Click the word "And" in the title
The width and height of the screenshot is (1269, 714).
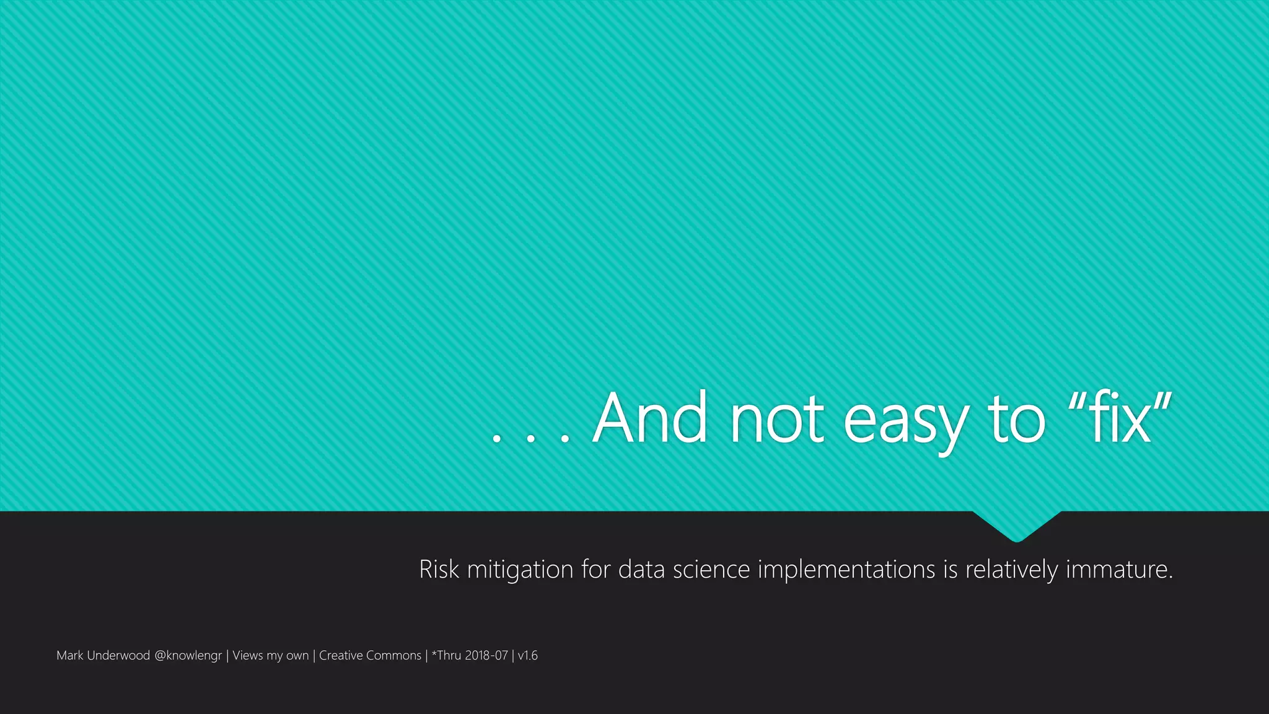tap(649, 418)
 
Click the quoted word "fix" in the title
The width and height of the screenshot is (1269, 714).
tap(1120, 418)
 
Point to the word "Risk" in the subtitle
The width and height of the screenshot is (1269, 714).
tap(439, 569)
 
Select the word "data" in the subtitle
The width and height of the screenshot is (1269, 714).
tap(641, 569)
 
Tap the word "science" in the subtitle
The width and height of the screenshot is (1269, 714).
tap(711, 569)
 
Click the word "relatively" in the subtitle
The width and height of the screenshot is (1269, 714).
tap(1011, 569)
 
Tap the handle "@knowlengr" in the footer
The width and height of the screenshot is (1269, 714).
tap(188, 656)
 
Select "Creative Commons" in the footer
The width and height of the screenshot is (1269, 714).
tap(370, 655)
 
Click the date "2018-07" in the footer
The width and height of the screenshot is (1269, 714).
tap(486, 655)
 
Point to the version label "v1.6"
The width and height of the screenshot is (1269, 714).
tap(528, 655)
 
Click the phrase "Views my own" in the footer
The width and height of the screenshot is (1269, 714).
tap(270, 656)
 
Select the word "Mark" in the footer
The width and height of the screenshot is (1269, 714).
tap(69, 655)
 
